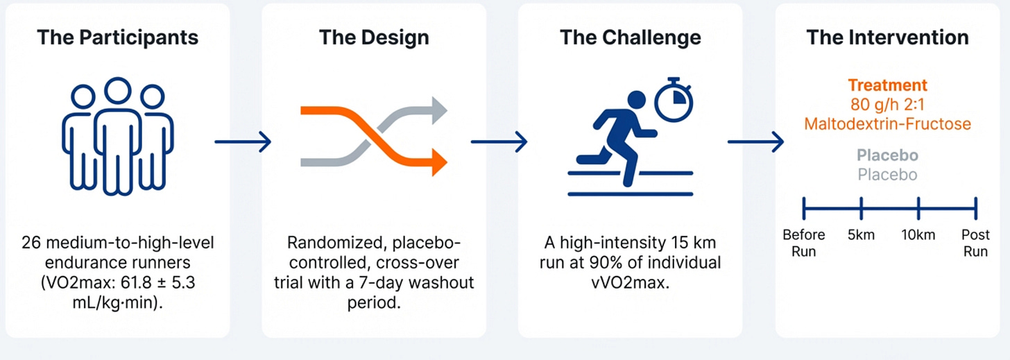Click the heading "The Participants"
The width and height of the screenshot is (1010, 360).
click(x=117, y=37)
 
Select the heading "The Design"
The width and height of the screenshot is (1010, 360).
click(x=374, y=37)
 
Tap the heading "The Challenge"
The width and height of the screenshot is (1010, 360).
click(x=630, y=37)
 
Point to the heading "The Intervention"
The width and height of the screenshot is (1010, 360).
click(x=887, y=37)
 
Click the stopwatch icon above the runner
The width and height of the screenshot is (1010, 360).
click(x=674, y=99)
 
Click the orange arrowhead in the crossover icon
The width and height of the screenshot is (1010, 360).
click(x=437, y=162)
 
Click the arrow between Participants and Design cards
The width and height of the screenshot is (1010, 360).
click(x=243, y=142)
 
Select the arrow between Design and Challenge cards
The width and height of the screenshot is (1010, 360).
click(x=499, y=142)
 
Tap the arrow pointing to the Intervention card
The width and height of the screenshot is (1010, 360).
click(x=755, y=142)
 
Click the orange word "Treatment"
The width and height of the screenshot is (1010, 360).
click(x=887, y=86)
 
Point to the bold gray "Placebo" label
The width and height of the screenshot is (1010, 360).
click(x=887, y=155)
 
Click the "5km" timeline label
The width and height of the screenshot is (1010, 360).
click(x=860, y=235)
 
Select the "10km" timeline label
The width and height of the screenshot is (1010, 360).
click(x=918, y=235)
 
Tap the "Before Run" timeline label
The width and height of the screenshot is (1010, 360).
click(x=803, y=242)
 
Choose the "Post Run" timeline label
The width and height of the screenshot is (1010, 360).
click(x=975, y=242)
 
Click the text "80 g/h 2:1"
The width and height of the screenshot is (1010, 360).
click(x=887, y=105)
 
